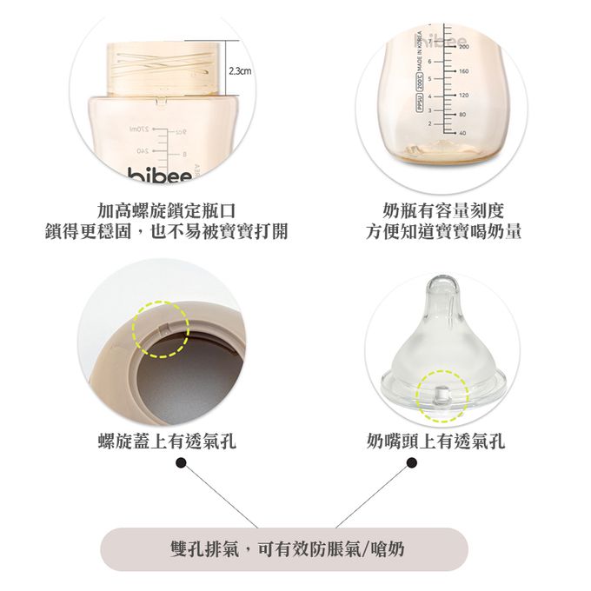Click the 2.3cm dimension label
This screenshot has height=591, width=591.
(237, 70)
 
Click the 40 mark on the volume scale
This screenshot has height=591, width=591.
(462, 133)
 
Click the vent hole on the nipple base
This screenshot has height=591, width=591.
(441, 394)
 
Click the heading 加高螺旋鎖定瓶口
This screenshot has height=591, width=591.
(165, 209)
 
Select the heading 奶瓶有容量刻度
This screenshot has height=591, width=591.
(443, 209)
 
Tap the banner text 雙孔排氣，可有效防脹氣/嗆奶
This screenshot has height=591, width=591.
(287, 549)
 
